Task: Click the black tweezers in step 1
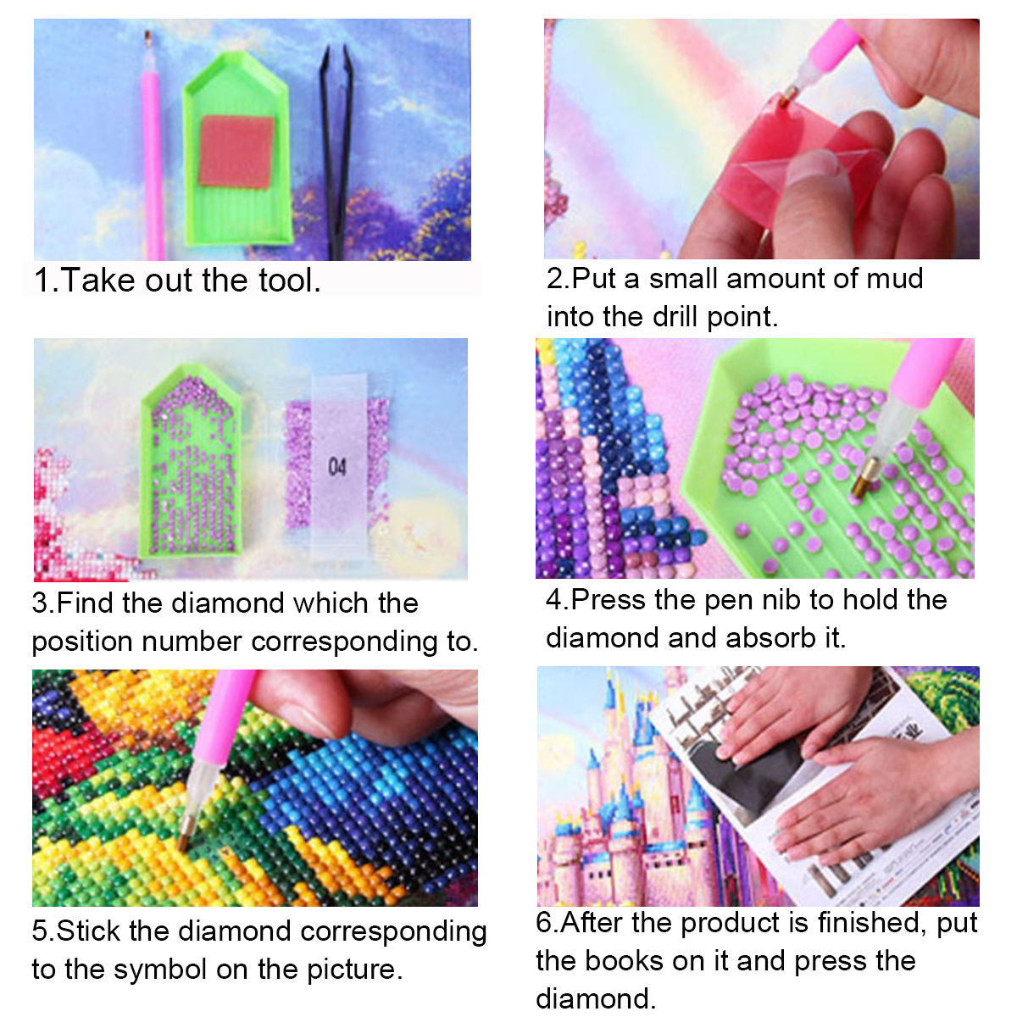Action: (336, 153)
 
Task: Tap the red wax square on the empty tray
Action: (237, 152)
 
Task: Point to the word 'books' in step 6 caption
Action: (624, 960)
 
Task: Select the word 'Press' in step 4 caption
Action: (608, 599)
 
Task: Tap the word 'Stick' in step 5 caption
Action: (89, 931)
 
